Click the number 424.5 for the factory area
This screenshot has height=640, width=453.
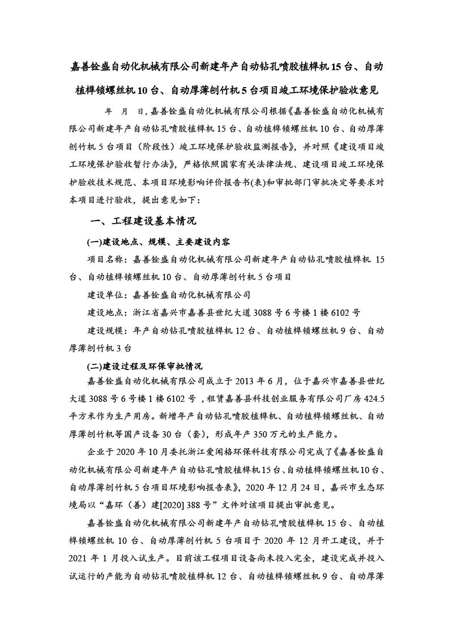373,400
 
